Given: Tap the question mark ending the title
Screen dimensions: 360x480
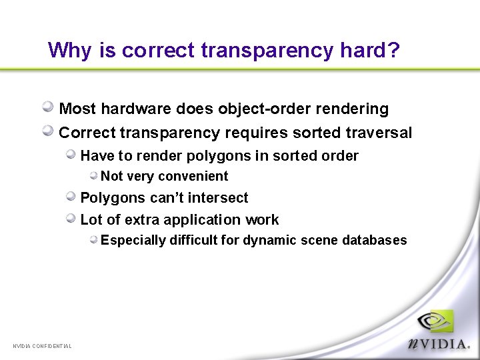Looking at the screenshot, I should pyautogui.click(x=393, y=50).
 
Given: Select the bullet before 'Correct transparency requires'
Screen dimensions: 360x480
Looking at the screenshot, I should pyautogui.click(x=49, y=131).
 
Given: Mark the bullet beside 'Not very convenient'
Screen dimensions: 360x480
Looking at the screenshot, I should pyautogui.click(x=95, y=175).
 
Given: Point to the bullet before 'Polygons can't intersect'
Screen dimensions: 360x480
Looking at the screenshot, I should pyautogui.click(x=71, y=196).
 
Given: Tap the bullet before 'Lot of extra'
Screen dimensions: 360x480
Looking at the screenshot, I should pyautogui.click(x=71, y=218).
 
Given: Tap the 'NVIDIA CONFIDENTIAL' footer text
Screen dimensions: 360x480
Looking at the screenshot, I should pyautogui.click(x=42, y=345).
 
